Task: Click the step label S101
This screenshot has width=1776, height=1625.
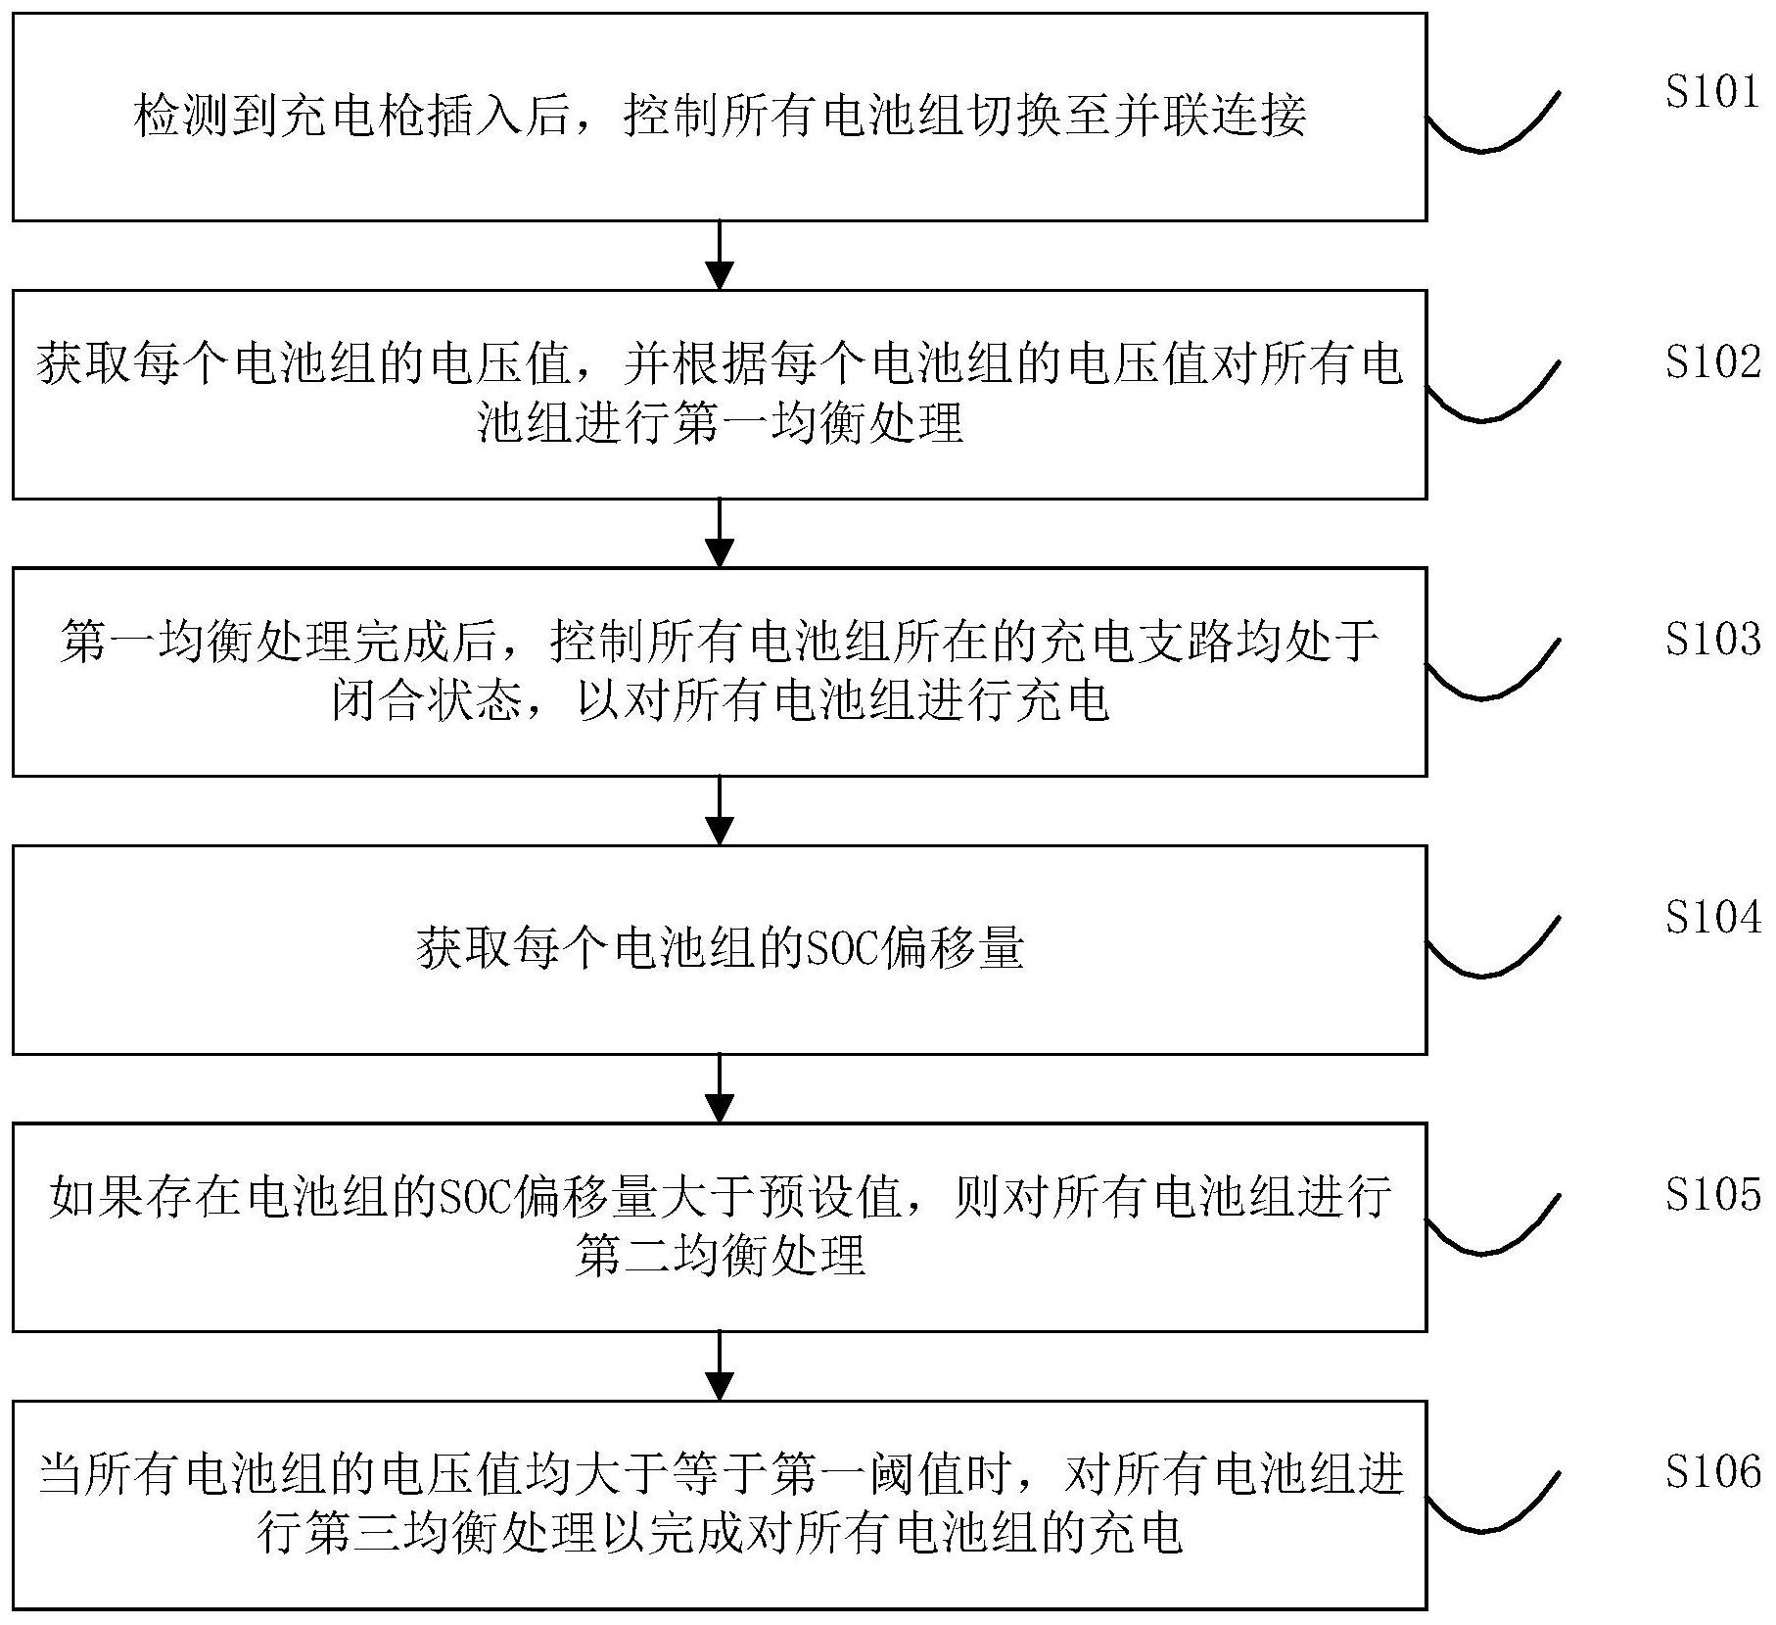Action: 1711,91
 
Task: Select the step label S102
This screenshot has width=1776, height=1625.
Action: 1711,361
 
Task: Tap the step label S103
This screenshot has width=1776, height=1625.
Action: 1711,639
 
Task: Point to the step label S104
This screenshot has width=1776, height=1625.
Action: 1711,917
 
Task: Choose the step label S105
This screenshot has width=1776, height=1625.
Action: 1711,1194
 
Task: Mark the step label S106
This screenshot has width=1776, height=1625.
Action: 1711,1471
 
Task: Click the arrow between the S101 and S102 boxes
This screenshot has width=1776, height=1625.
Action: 720,256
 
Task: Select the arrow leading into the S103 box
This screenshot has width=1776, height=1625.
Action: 720,533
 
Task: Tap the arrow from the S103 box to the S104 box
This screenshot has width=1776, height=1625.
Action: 720,810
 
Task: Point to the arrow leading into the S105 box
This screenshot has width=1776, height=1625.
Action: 720,1088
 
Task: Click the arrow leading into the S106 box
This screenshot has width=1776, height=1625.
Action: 720,1365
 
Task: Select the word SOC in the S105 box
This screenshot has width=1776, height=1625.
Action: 476,1196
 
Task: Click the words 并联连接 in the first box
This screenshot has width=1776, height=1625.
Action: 1209,117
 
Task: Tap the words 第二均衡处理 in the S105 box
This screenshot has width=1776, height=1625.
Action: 720,1255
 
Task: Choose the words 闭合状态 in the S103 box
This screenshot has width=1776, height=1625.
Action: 426,700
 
